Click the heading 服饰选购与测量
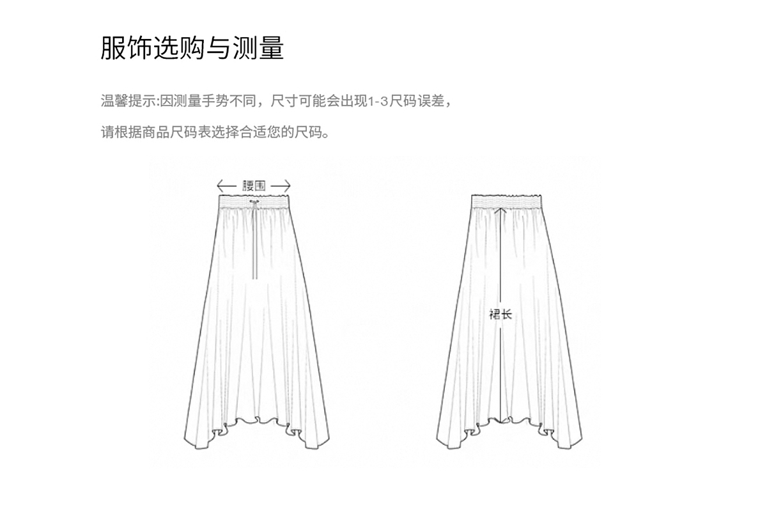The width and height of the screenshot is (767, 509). coord(192,49)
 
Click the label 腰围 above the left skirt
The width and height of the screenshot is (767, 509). coord(254,186)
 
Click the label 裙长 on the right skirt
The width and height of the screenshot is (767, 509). coord(500,314)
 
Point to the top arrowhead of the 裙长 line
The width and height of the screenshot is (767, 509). coord(501,207)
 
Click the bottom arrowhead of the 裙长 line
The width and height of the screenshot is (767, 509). coord(501,421)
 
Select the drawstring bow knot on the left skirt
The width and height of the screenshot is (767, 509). coord(254,204)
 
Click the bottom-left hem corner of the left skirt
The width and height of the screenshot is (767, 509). coord(186,446)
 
